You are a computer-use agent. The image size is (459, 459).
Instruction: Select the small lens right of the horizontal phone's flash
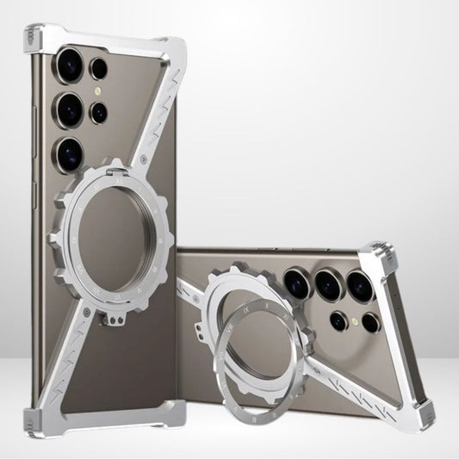point(371,323)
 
